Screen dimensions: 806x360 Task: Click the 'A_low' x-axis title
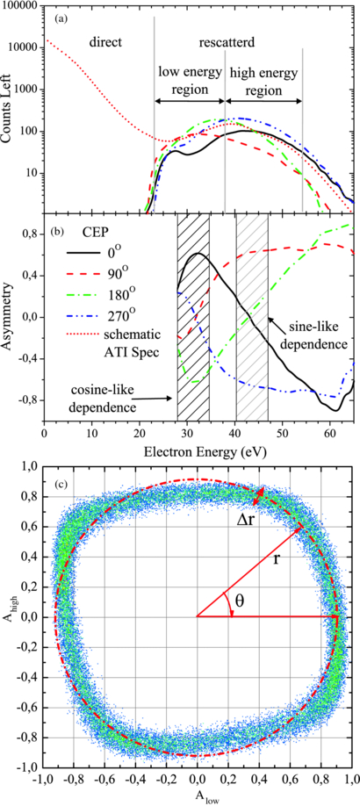[198, 797]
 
